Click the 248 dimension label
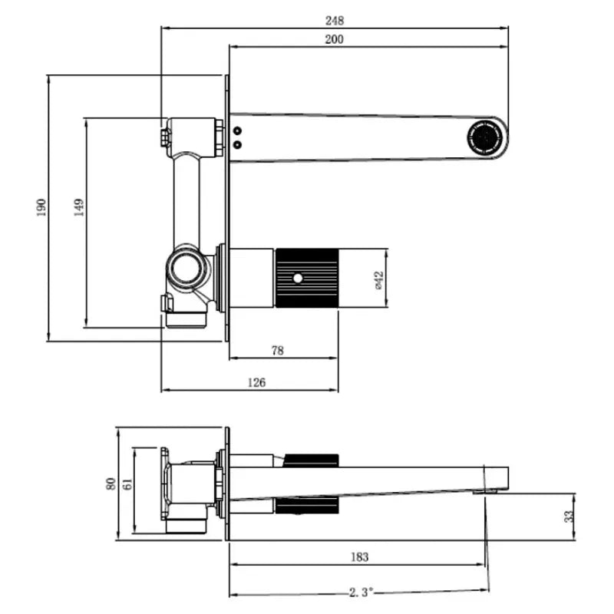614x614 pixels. [334, 20]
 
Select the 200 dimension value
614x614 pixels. [334, 39]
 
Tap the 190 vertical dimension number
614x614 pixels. [41, 208]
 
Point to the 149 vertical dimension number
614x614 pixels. [79, 208]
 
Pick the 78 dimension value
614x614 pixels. [278, 351]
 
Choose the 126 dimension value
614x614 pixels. [257, 383]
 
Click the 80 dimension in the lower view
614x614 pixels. [111, 484]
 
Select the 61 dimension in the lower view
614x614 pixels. [127, 484]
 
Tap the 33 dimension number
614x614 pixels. [569, 517]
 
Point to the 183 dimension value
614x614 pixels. [358, 556]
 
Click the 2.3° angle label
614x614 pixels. [358, 592]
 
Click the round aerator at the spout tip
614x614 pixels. [485, 138]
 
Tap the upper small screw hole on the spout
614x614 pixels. [237, 131]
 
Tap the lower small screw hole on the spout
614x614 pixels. [237, 144]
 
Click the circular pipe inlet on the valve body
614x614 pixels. [186, 268]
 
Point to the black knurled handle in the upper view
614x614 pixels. [306, 278]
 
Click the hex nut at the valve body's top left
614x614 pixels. [164, 137]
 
